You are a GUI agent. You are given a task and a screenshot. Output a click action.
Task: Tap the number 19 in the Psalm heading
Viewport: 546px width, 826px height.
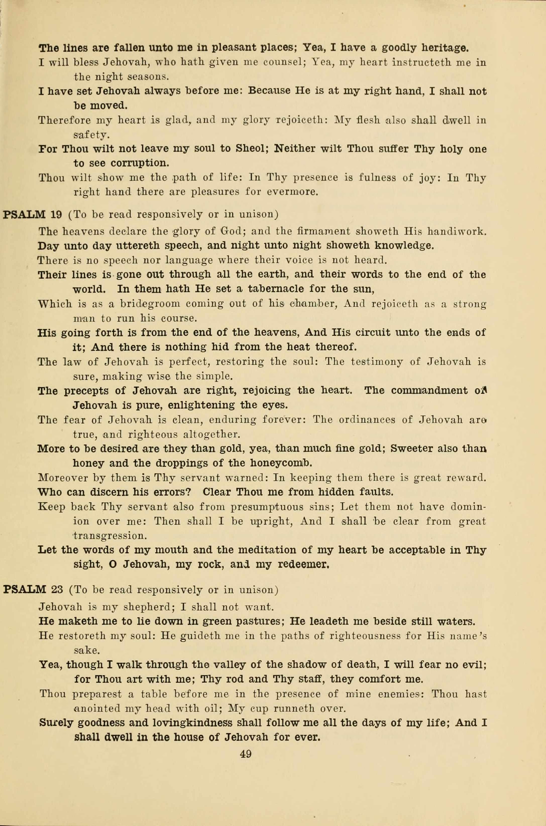coord(56,215)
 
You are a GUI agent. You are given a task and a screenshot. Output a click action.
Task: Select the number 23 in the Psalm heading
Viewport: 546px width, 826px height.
coord(57,590)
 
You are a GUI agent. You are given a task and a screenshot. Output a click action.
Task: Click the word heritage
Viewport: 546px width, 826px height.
coord(445,48)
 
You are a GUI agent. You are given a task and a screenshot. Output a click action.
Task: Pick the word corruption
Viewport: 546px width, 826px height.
coord(140,163)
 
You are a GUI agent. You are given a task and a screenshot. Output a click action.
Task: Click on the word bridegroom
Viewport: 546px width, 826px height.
coord(150,304)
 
